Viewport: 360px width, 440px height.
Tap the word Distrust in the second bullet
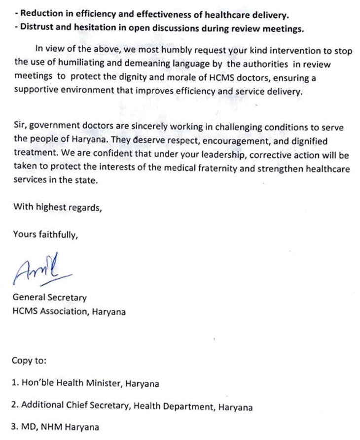[x=36, y=28]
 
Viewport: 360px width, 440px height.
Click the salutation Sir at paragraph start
[x=19, y=127]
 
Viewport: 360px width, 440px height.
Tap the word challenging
[x=223, y=127]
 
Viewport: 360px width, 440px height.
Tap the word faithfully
[x=57, y=235]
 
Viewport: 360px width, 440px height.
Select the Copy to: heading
[x=29, y=360]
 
